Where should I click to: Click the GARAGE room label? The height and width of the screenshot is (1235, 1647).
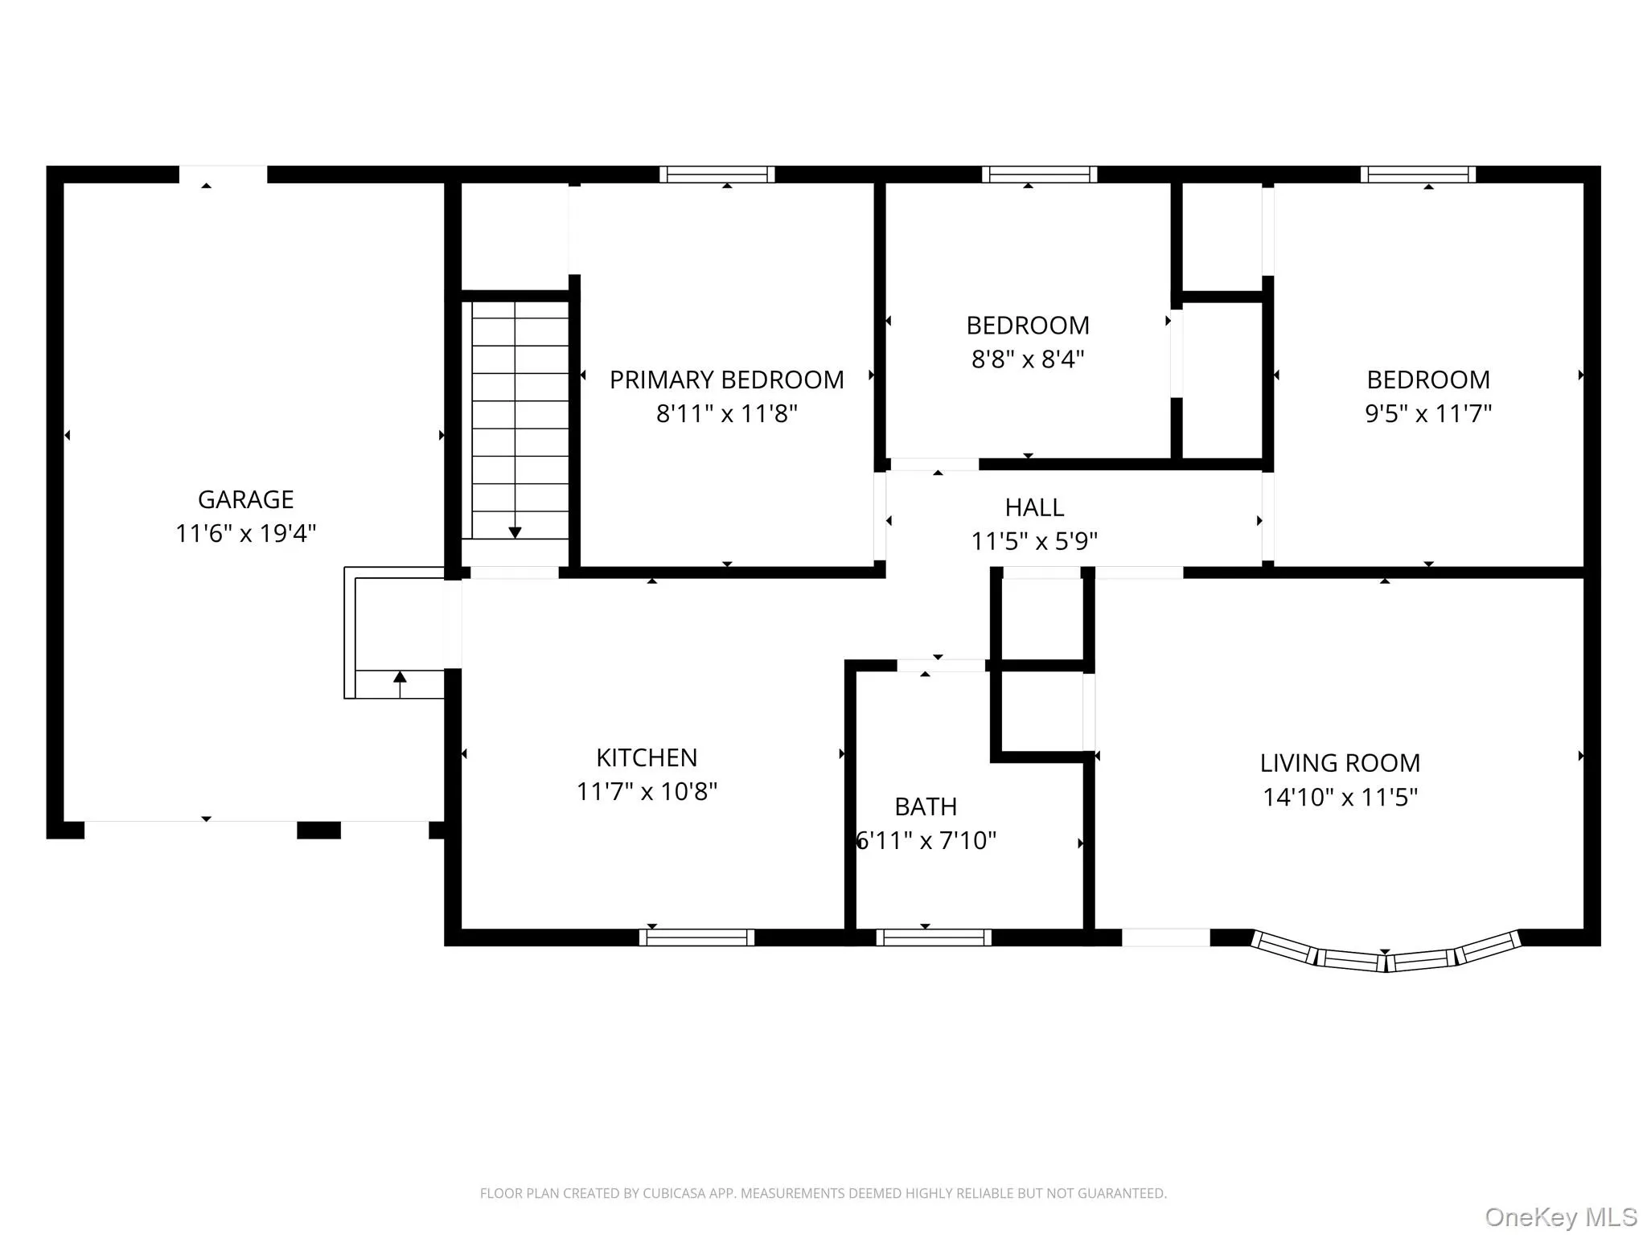245,499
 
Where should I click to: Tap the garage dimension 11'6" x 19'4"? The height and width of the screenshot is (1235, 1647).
245,533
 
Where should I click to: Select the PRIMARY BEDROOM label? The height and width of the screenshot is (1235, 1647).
726,380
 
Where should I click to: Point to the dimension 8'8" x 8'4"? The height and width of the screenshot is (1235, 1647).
1028,359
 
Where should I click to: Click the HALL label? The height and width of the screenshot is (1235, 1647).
1034,507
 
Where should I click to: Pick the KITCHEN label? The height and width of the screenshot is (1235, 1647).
647,757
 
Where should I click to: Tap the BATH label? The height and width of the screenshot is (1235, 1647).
926,806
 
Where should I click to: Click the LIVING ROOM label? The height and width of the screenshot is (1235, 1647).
1339,763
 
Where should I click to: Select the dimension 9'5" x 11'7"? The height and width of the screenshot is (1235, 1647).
1427,413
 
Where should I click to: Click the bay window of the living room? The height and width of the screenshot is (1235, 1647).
1385,957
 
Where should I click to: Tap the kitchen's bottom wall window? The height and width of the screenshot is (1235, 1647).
696,937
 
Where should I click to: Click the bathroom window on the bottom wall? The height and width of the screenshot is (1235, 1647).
933,937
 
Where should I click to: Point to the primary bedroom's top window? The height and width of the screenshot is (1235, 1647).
717,174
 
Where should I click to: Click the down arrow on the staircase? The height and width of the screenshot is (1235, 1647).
515,532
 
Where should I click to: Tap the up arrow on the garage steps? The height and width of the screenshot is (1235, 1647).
400,678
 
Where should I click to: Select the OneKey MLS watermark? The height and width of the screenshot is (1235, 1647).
1560,1217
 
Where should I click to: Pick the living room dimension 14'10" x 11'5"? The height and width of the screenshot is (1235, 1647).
1339,797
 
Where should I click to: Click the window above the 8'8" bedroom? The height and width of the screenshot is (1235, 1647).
1039,174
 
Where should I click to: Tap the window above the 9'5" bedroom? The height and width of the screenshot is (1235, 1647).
1418,174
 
